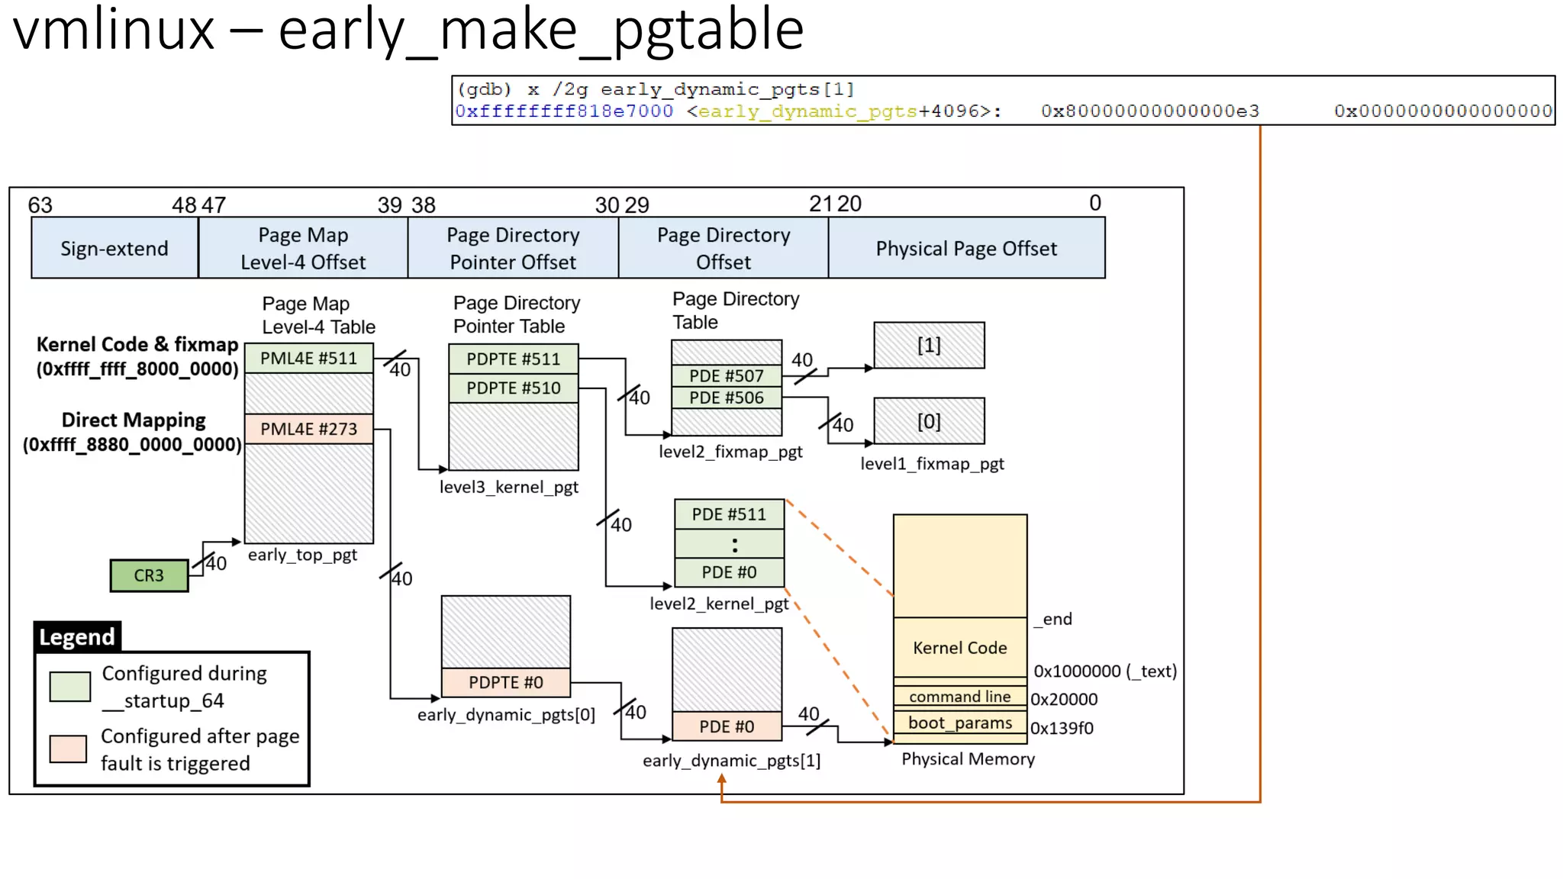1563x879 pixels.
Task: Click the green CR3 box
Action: point(149,575)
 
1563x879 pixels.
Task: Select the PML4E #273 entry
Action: point(308,429)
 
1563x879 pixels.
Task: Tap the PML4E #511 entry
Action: point(308,359)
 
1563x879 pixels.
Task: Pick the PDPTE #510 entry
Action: point(513,388)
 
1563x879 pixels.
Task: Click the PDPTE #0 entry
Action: point(505,682)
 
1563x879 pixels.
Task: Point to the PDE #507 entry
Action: point(726,375)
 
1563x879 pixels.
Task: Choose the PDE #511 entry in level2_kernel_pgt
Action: point(728,514)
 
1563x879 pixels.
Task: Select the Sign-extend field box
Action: point(114,249)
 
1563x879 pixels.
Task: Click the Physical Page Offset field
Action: point(965,249)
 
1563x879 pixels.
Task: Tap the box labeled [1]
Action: point(928,346)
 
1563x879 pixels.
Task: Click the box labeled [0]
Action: point(928,421)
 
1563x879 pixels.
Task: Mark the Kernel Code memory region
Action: point(959,647)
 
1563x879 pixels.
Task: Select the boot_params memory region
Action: point(959,723)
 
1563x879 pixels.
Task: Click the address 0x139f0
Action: point(1062,728)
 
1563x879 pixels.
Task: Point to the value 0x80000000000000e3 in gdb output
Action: point(1149,111)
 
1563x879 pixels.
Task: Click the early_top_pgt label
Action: point(302,555)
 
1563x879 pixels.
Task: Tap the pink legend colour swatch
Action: point(68,749)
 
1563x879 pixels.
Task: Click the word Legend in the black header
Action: point(77,636)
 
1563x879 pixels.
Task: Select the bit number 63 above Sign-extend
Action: point(40,205)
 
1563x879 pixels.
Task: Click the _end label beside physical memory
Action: point(1053,619)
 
